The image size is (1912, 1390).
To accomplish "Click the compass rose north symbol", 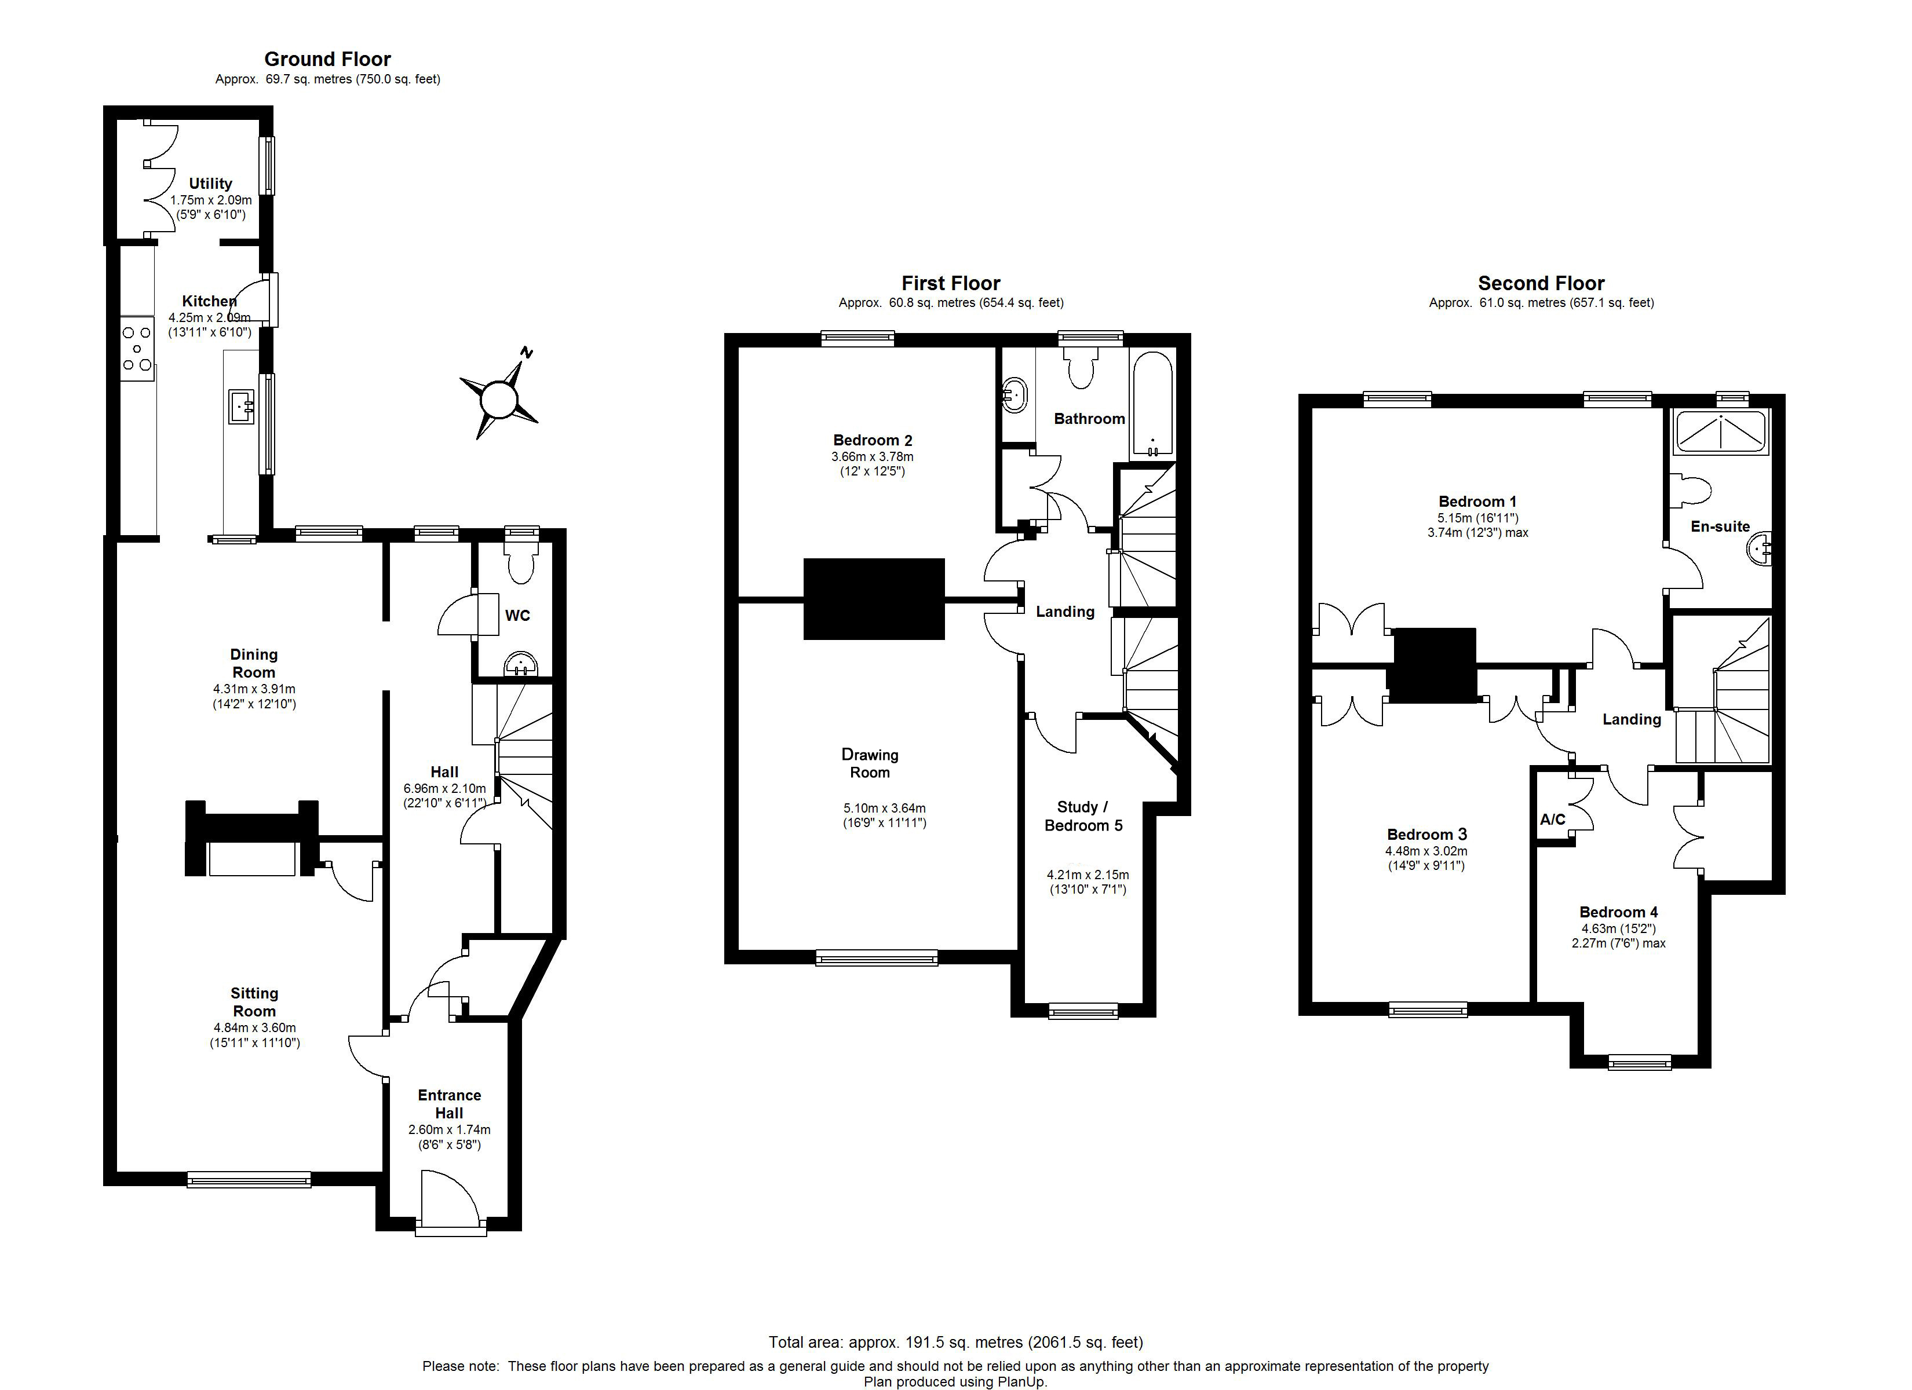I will [x=499, y=397].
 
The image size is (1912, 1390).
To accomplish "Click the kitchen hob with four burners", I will [x=137, y=348].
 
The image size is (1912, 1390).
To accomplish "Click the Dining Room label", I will [x=254, y=663].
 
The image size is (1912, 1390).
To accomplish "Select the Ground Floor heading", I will [x=327, y=59].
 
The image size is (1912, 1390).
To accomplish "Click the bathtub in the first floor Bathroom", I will [x=1152, y=405].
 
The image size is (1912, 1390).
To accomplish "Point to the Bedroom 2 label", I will [x=873, y=440].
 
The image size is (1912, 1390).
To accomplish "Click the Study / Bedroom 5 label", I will [x=1083, y=816].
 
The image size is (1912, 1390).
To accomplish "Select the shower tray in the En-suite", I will [x=1719, y=431].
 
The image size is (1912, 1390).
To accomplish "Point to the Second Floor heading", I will [x=1541, y=283].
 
